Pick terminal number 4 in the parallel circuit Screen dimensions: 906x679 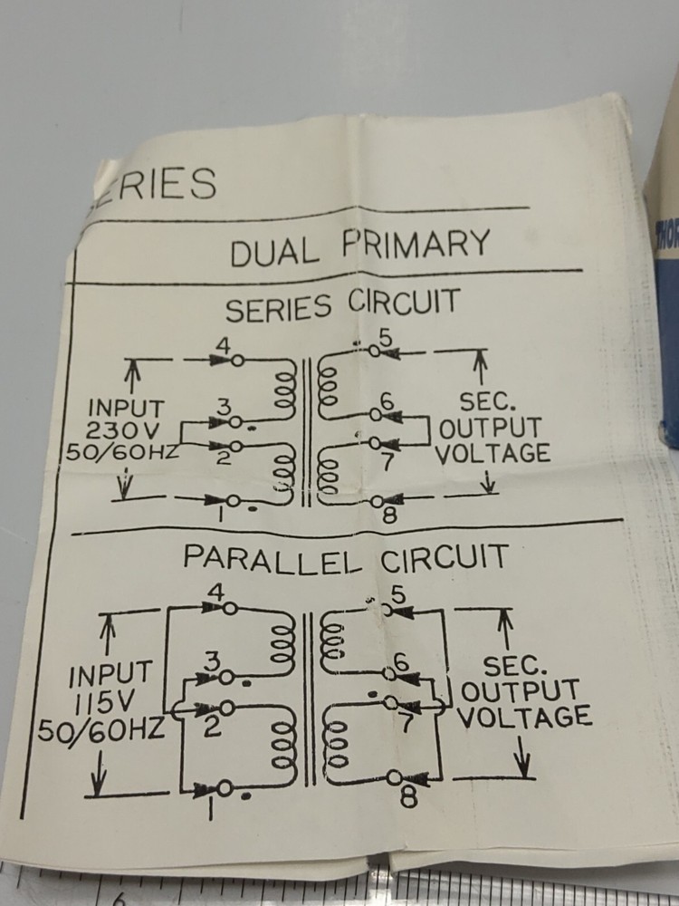point(216,593)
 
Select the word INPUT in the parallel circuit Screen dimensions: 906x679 point(110,676)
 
